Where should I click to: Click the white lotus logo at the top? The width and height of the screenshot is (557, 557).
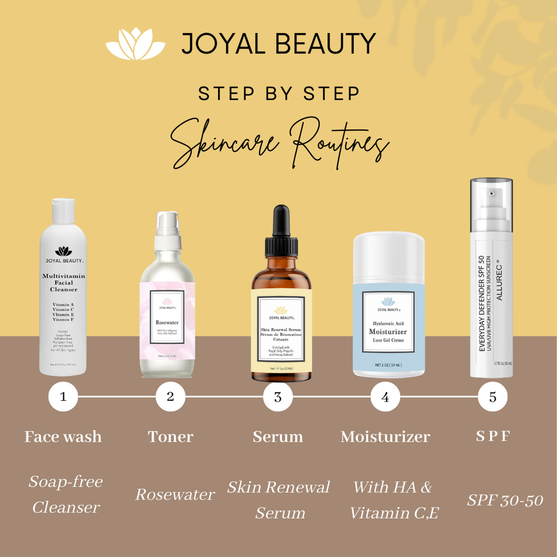(x=135, y=44)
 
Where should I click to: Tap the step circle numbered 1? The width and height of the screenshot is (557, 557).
(x=63, y=397)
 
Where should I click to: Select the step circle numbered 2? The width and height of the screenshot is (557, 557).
(x=170, y=397)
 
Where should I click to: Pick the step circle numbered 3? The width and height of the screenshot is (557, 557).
(x=278, y=397)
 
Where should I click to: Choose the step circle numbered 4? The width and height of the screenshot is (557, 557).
(x=385, y=397)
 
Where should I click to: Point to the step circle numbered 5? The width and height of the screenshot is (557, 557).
(x=493, y=397)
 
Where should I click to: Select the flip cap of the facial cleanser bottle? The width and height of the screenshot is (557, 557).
(x=64, y=211)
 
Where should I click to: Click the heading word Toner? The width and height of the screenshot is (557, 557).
(x=170, y=436)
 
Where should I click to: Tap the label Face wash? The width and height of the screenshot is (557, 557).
(x=63, y=436)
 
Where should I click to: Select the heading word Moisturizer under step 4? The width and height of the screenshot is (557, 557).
(x=385, y=436)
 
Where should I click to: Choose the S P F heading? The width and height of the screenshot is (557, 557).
(x=492, y=436)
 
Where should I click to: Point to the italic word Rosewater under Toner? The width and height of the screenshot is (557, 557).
(x=175, y=494)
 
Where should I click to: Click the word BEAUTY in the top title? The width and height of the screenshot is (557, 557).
(x=326, y=44)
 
